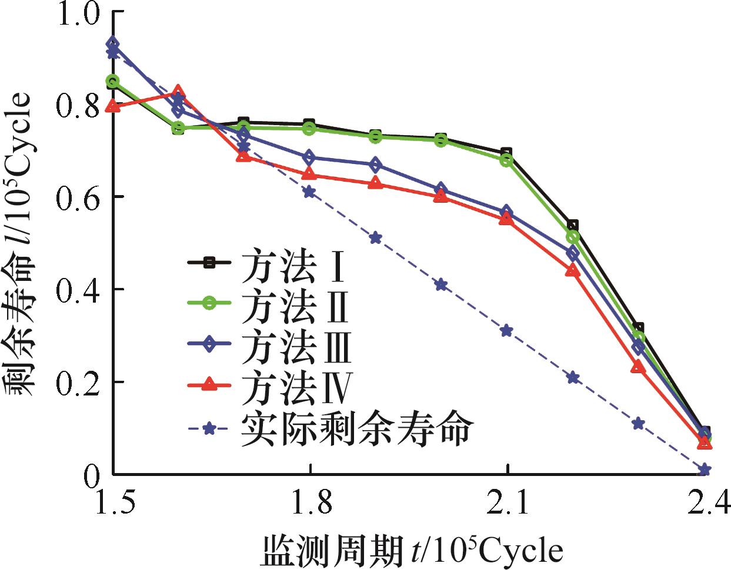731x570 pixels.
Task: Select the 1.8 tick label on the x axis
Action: click(x=309, y=504)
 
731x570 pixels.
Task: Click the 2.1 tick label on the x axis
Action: click(x=507, y=504)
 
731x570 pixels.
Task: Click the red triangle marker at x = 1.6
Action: click(x=179, y=91)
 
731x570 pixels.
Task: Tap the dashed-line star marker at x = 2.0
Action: click(x=441, y=285)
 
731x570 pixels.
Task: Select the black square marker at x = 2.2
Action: click(x=573, y=225)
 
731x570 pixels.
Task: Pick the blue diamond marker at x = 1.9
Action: click(x=375, y=165)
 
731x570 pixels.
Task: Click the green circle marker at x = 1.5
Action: click(x=113, y=81)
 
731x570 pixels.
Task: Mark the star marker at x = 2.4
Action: click(x=705, y=470)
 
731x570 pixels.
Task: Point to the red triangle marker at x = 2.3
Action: click(x=638, y=367)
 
